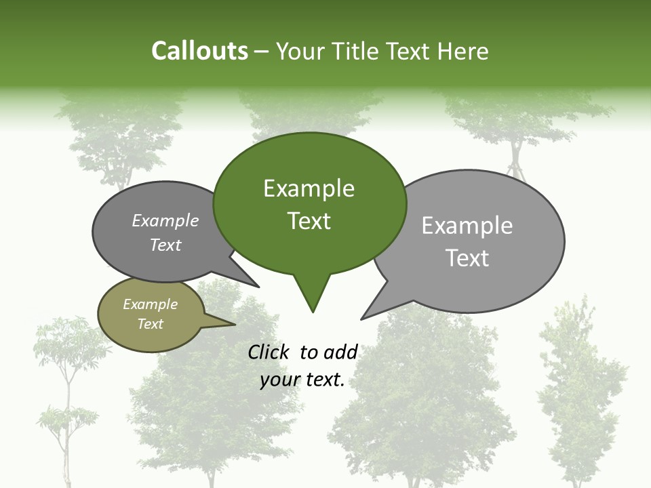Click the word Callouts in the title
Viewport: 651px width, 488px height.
[199, 52]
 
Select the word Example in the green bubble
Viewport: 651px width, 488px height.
[309, 188]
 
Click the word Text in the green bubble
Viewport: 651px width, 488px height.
[309, 221]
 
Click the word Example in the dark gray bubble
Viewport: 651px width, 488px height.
[165, 221]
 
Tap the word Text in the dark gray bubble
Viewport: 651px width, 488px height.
[165, 245]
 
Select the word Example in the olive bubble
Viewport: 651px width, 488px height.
[151, 304]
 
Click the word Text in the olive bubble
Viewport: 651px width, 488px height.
[151, 324]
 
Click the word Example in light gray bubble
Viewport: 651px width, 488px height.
[467, 226]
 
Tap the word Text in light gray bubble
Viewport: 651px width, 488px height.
[467, 258]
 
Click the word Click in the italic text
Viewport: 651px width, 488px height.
[269, 352]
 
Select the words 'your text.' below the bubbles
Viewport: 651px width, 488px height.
[302, 380]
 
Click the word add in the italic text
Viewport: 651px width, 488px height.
[340, 352]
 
